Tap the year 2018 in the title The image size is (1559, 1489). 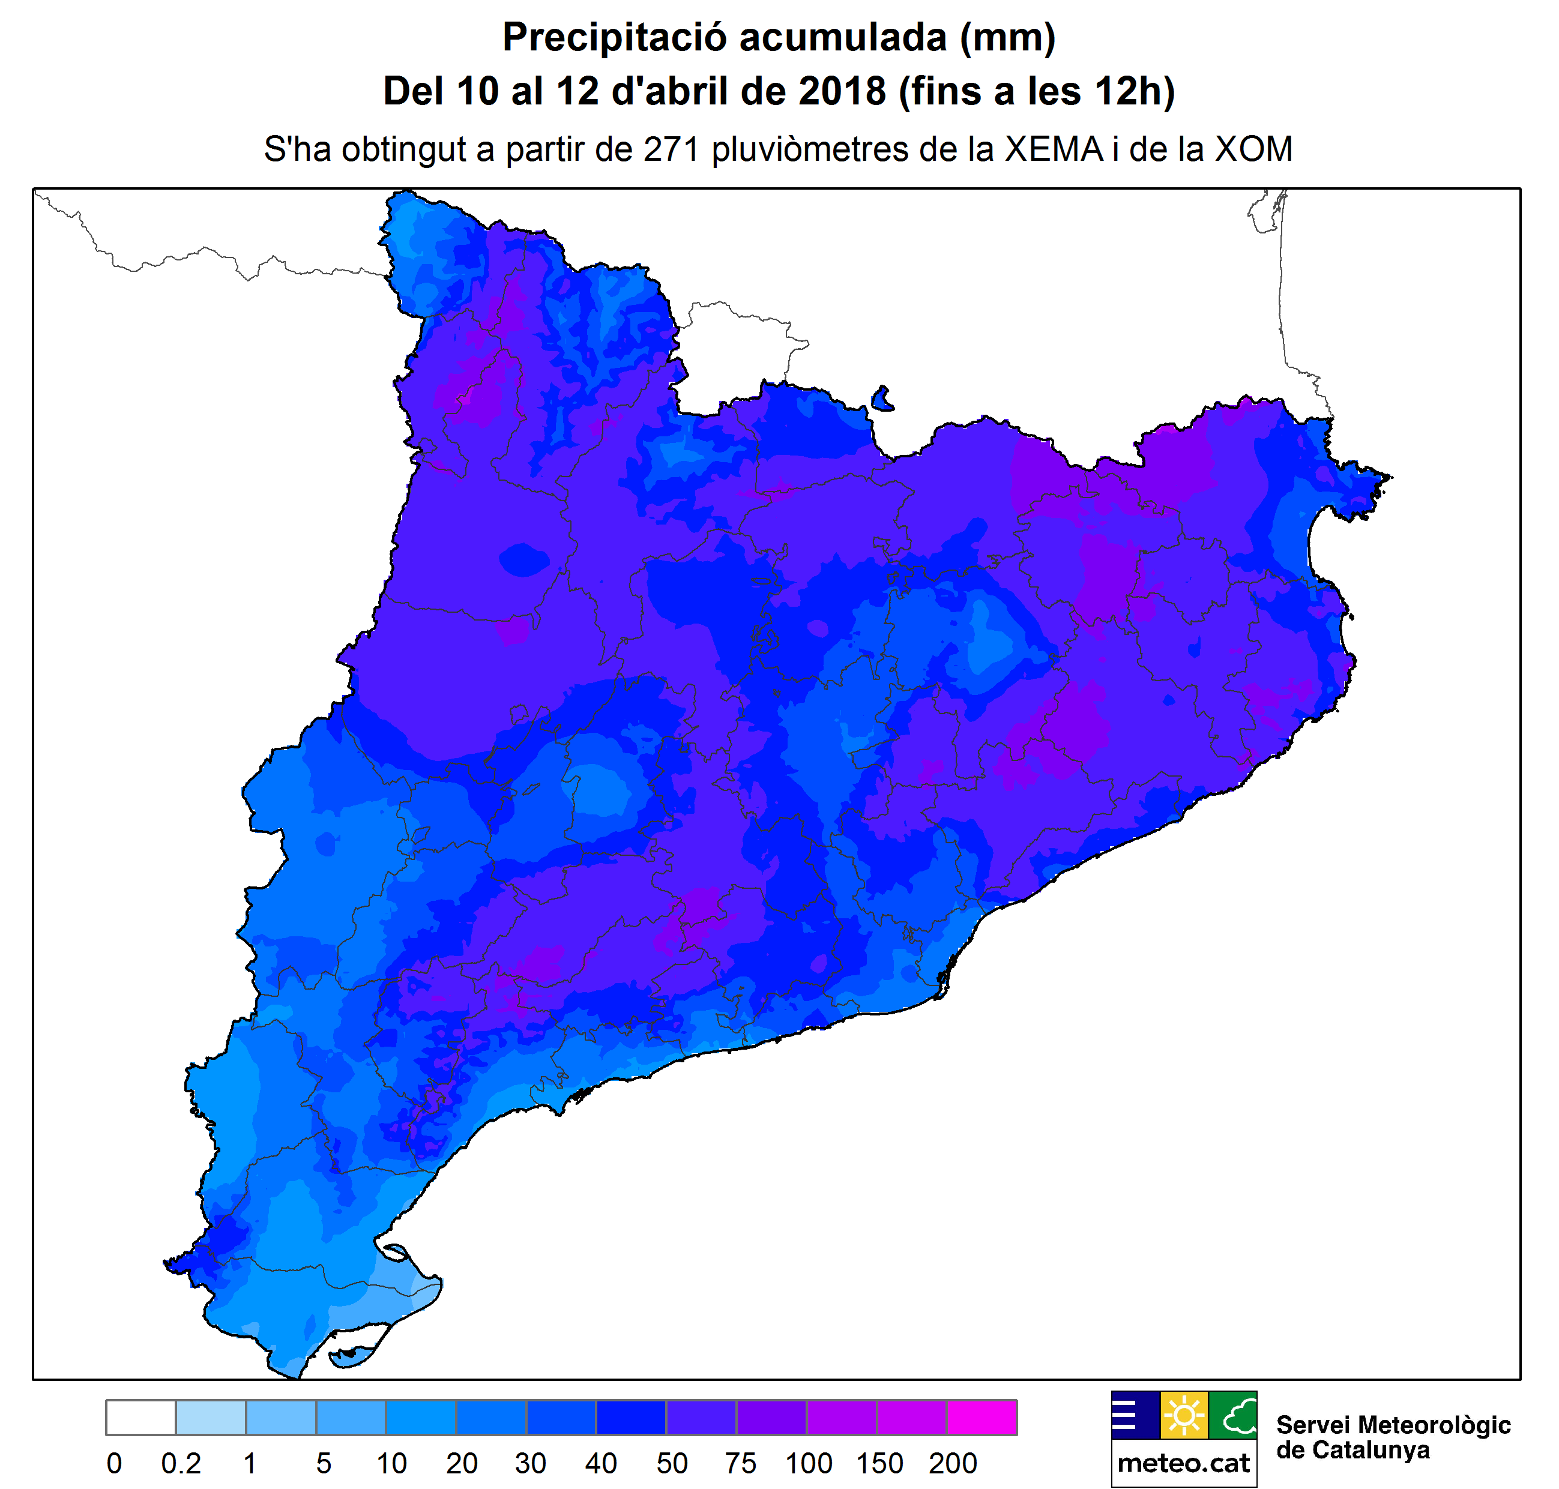[x=842, y=91]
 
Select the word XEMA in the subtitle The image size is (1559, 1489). [x=1054, y=149]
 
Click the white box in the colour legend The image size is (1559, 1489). [x=140, y=1418]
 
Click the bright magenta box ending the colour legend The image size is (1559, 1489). [x=981, y=1418]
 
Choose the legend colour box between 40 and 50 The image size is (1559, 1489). [x=631, y=1418]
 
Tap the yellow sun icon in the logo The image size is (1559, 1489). [x=1184, y=1415]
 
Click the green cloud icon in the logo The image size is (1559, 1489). [x=1233, y=1415]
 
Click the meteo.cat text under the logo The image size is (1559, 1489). [x=1184, y=1463]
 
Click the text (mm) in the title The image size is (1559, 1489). [x=1007, y=37]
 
